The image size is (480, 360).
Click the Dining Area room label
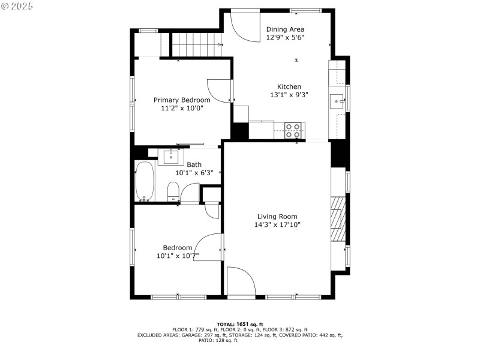coord(285,29)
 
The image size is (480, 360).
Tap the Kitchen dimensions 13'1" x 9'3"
coord(289,95)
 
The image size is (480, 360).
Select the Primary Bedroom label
coord(182,100)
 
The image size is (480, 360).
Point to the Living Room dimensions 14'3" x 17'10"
coord(277,224)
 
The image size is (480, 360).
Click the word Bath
coord(194,164)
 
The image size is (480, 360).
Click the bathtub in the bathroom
coord(145,181)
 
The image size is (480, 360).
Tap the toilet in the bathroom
coord(173,191)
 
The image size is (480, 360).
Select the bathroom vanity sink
coord(171,157)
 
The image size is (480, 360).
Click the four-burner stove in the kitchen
coord(293,131)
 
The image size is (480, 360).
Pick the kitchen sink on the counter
coord(337,101)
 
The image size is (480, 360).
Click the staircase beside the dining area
coord(196,44)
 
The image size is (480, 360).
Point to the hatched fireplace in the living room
coord(338,219)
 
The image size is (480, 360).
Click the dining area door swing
coord(245,26)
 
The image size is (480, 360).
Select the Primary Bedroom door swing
coord(219,91)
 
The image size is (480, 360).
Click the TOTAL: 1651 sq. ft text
coord(239,325)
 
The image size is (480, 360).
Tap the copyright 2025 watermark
coord(17,6)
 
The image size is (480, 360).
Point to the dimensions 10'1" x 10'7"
coord(178,256)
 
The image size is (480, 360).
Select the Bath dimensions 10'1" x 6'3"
coord(194,173)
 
